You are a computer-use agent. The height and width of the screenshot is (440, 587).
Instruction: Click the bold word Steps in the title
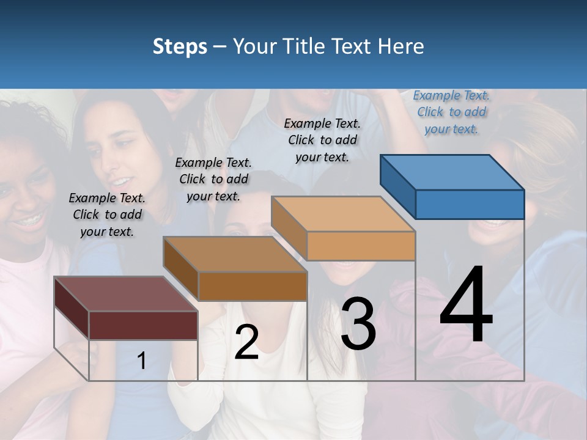(180, 46)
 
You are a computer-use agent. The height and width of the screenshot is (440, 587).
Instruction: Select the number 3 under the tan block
(358, 324)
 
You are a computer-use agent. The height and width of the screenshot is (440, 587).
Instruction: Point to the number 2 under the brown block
(246, 342)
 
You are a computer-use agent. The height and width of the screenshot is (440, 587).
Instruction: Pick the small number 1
(141, 361)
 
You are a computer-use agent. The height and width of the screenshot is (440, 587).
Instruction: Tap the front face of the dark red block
(143, 325)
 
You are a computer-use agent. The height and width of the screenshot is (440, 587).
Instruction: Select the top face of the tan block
(343, 215)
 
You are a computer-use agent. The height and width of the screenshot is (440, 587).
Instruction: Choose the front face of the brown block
(253, 286)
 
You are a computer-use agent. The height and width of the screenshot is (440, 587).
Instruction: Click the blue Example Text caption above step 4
(451, 112)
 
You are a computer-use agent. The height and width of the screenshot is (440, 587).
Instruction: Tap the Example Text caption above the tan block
(322, 140)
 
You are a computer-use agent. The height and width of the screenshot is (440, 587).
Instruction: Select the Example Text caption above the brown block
(213, 179)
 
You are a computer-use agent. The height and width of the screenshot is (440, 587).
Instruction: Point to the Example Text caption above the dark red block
(107, 215)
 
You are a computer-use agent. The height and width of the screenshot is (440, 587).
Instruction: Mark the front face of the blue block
(470, 204)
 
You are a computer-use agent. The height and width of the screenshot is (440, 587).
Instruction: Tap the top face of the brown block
(235, 254)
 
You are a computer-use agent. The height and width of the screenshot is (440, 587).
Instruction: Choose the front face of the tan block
(361, 246)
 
